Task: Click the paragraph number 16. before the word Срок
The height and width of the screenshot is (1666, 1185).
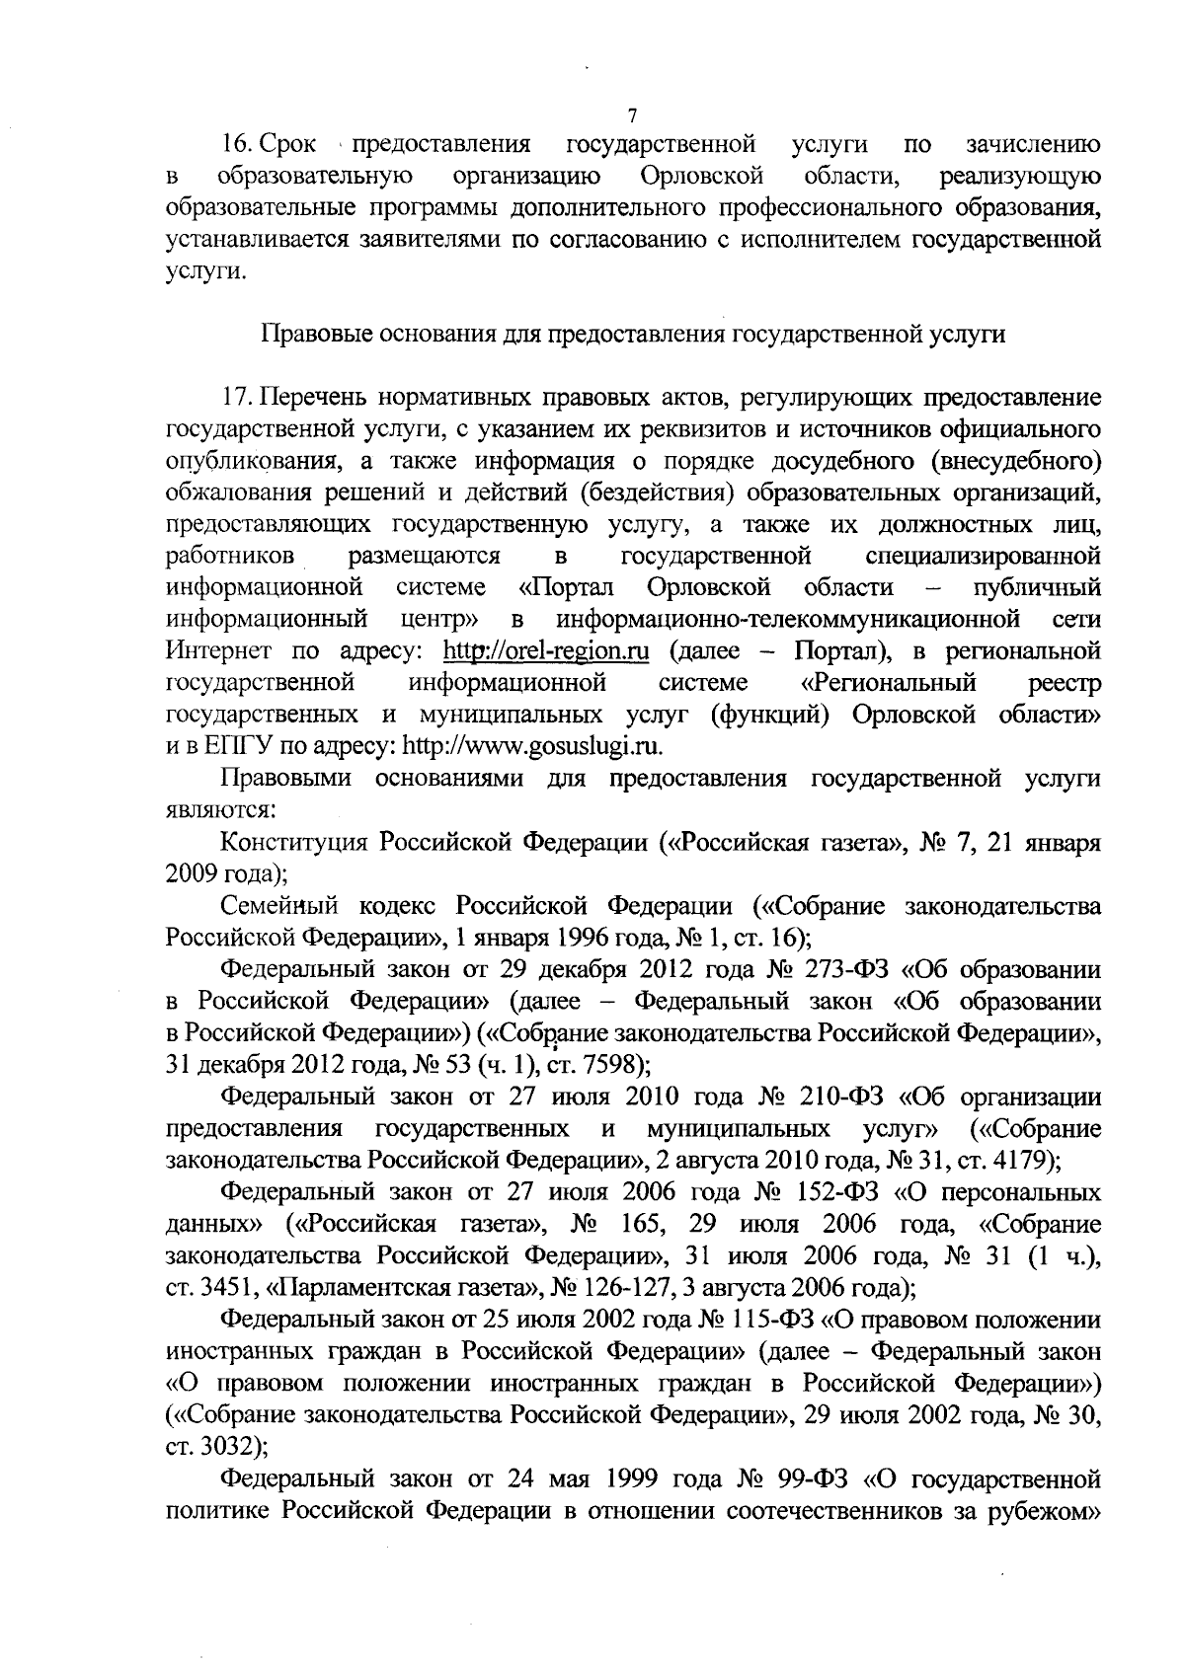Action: [235, 145]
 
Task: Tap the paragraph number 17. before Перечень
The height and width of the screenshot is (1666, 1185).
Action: [235, 398]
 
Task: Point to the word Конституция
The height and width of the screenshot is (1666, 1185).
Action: [295, 842]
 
